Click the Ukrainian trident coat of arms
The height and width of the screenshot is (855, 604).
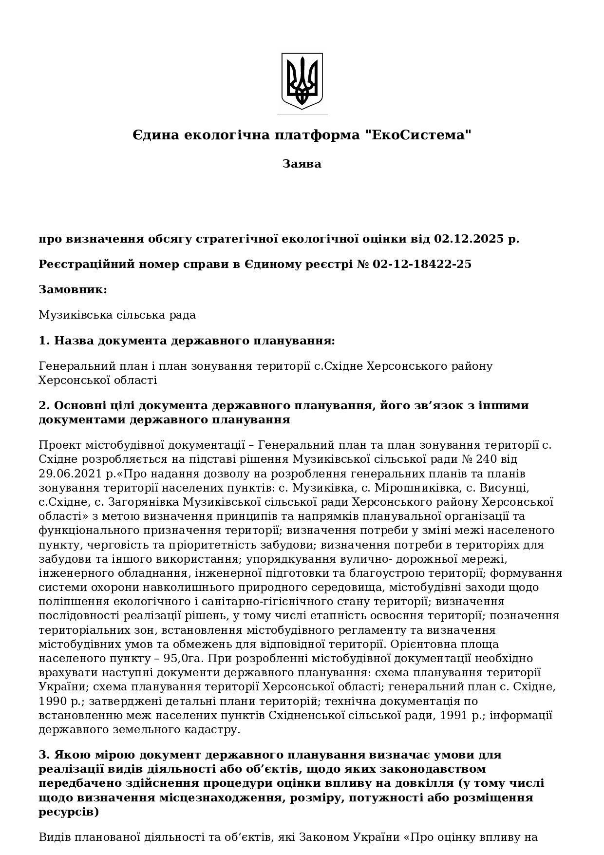pyautogui.click(x=302, y=81)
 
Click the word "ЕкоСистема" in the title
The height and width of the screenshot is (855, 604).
pyautogui.click(x=419, y=135)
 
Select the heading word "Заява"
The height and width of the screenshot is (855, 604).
pyautogui.click(x=302, y=164)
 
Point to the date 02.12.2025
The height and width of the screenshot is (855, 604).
pyautogui.click(x=469, y=239)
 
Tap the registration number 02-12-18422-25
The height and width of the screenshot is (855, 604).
pyautogui.click(x=422, y=264)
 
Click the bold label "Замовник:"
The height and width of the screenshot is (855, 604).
pyautogui.click(x=73, y=289)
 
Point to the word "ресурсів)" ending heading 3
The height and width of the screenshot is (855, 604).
pyautogui.click(x=69, y=812)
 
